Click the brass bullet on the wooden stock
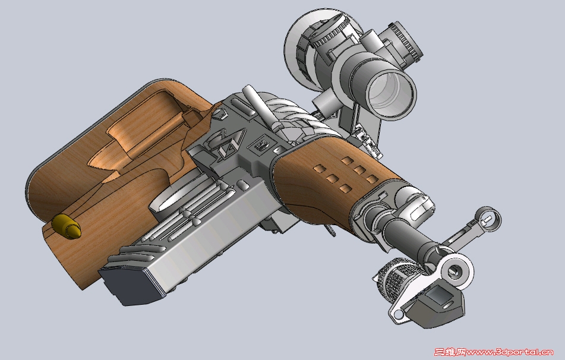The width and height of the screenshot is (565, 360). (67, 226)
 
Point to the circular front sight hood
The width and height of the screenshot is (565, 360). (488, 219)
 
